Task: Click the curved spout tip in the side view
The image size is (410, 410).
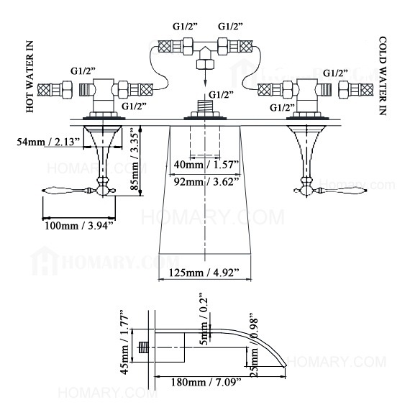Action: (x=283, y=364)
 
